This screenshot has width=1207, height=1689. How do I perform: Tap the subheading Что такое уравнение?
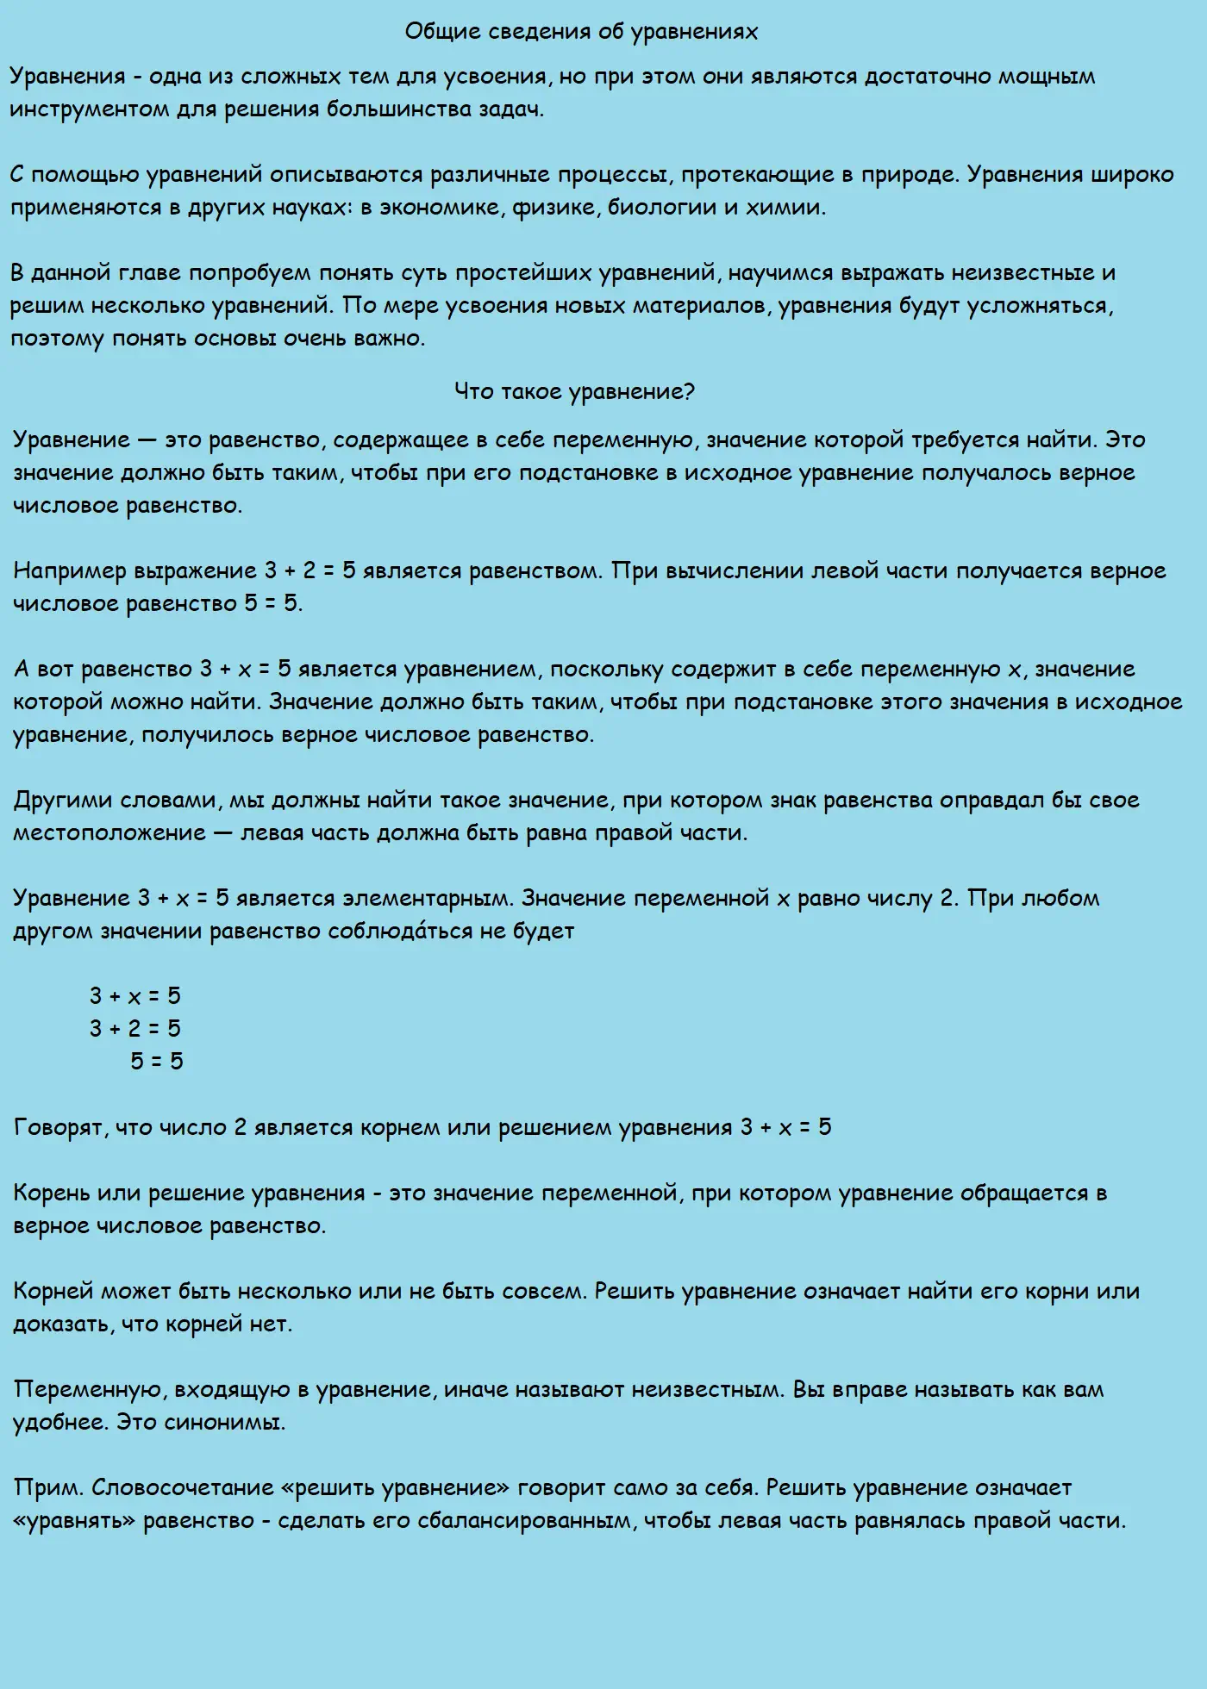pos(574,391)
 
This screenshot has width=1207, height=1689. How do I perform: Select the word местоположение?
pos(109,833)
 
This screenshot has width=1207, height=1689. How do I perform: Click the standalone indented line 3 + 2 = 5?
pos(135,1029)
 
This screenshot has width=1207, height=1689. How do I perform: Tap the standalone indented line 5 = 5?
pos(157,1062)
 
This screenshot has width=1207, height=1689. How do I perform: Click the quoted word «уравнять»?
pos(74,1521)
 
